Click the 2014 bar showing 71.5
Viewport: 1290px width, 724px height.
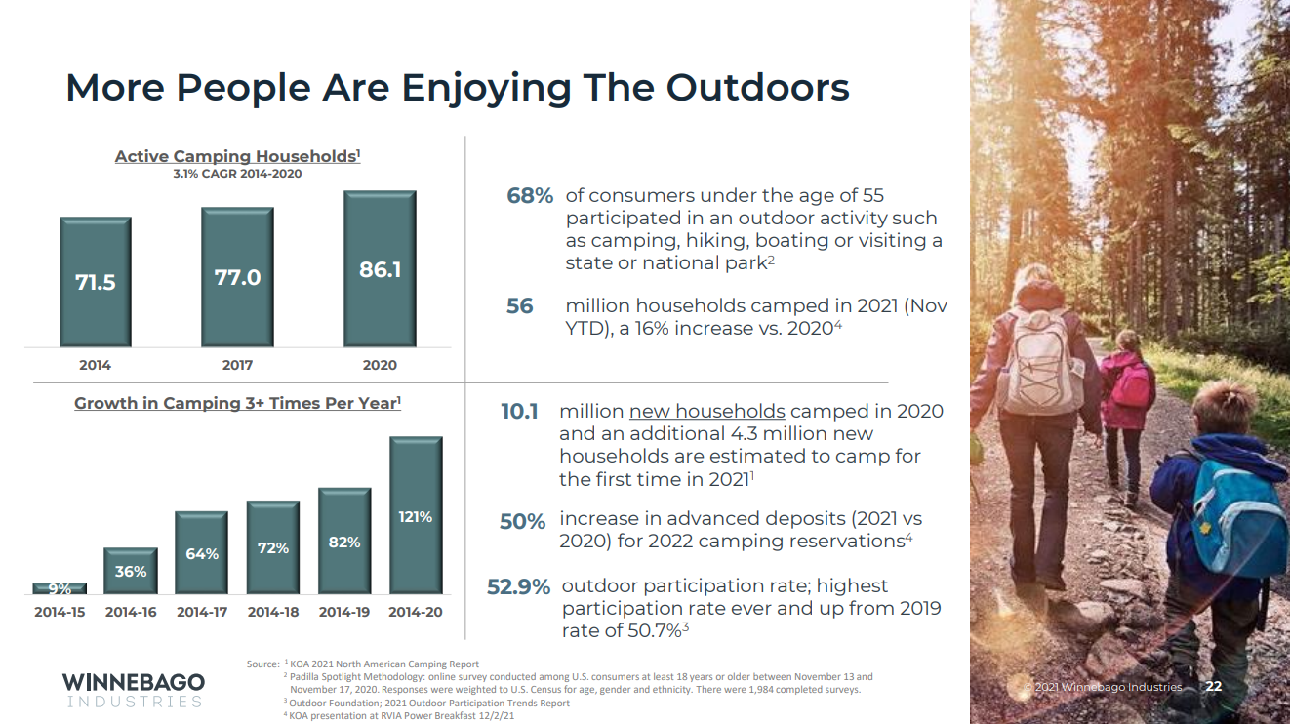click(x=96, y=281)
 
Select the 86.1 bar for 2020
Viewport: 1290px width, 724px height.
click(x=380, y=268)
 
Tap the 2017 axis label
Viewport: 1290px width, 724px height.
click(x=237, y=365)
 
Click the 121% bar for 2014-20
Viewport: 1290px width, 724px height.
click(x=416, y=515)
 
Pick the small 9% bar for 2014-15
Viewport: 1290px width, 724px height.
click(x=60, y=588)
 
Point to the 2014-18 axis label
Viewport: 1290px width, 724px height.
click(x=273, y=613)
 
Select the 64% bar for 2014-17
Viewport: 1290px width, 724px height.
click(x=202, y=552)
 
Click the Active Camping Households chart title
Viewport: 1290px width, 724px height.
click(x=237, y=156)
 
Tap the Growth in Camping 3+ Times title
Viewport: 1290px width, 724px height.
click(x=237, y=403)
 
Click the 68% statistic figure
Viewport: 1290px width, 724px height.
click(x=530, y=196)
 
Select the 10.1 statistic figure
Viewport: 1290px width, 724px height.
click(x=519, y=412)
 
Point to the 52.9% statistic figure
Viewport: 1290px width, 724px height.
click(x=518, y=587)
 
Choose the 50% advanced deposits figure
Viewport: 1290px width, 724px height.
click(x=522, y=522)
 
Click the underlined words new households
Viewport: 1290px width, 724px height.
click(x=707, y=411)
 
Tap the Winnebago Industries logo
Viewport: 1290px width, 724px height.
click(x=133, y=689)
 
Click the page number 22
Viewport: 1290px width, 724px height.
click(x=1214, y=687)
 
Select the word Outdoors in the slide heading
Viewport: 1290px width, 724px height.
click(x=757, y=88)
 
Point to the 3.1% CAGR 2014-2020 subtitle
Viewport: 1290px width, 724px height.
click(x=237, y=174)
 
